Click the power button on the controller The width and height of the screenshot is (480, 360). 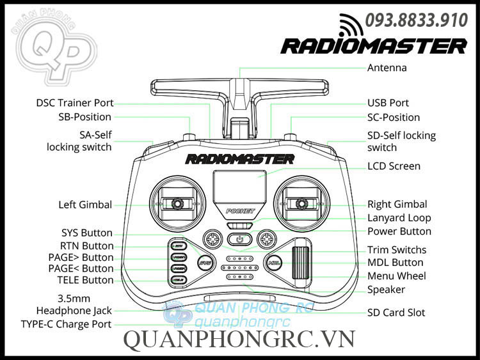pos(239,240)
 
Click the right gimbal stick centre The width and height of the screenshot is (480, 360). pos(301,203)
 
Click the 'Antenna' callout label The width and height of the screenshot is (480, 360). pos(387,68)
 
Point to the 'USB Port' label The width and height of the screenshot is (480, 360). pos(388,103)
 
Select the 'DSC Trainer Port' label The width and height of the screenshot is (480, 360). pos(74,103)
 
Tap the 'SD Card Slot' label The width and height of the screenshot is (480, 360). pos(396,313)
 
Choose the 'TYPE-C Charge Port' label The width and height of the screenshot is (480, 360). pos(65,324)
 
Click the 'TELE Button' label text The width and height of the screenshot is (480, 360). pos(84,280)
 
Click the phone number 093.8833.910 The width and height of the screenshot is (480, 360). pos(416,21)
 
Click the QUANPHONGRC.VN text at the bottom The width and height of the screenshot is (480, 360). pos(239,340)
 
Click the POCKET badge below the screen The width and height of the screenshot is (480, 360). pos(241,210)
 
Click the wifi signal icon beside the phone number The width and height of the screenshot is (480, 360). pos(350,24)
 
